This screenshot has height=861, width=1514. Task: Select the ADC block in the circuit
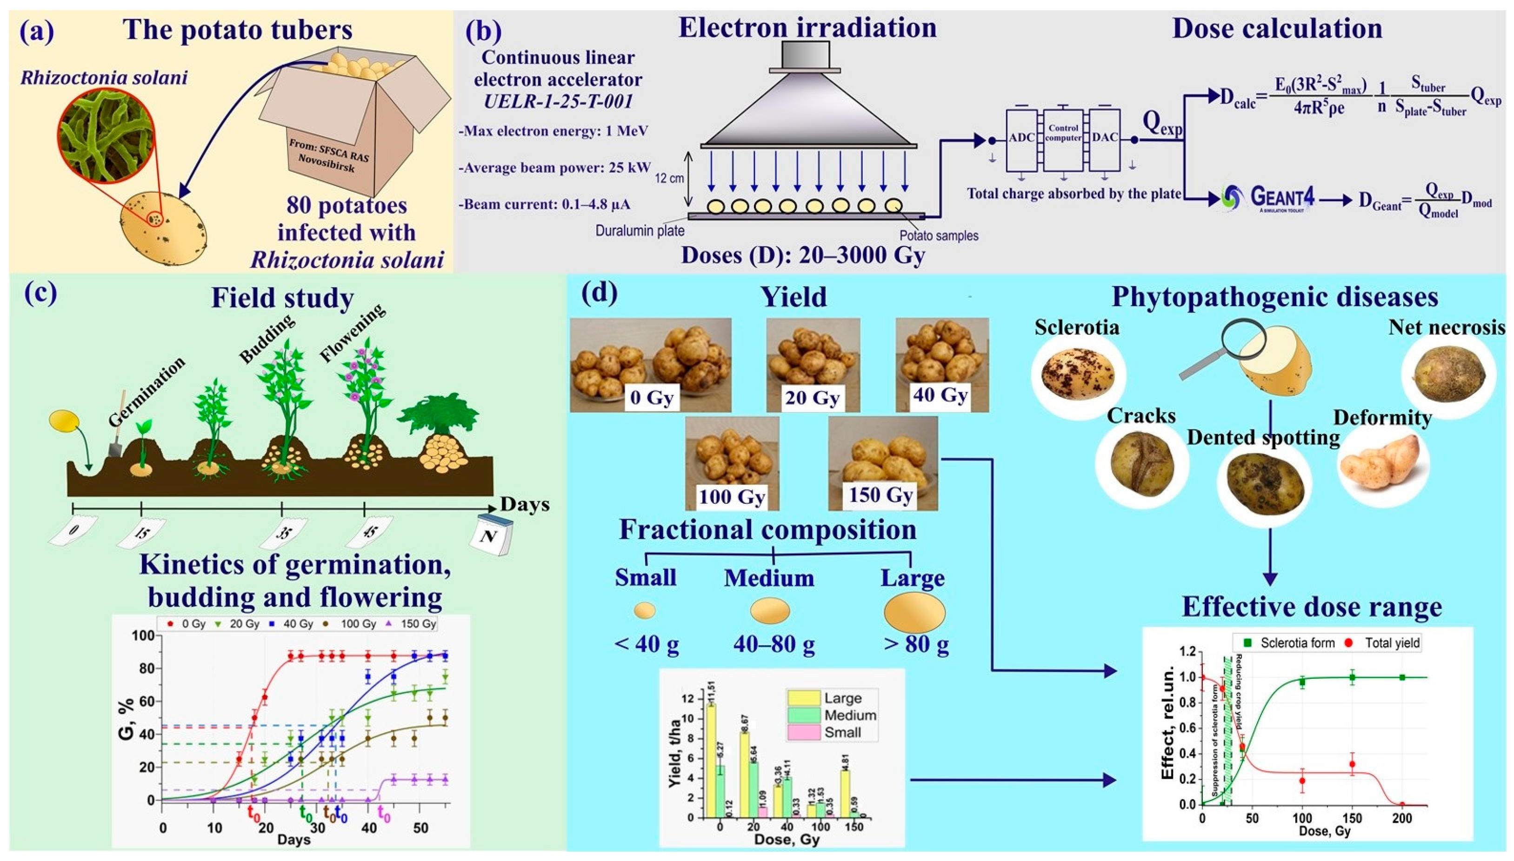coord(1021,138)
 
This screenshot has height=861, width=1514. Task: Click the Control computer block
coord(1063,133)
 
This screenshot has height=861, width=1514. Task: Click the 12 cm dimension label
coord(669,177)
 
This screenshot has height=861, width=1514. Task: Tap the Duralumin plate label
coord(640,231)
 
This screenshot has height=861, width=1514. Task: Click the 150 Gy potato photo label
coord(880,495)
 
